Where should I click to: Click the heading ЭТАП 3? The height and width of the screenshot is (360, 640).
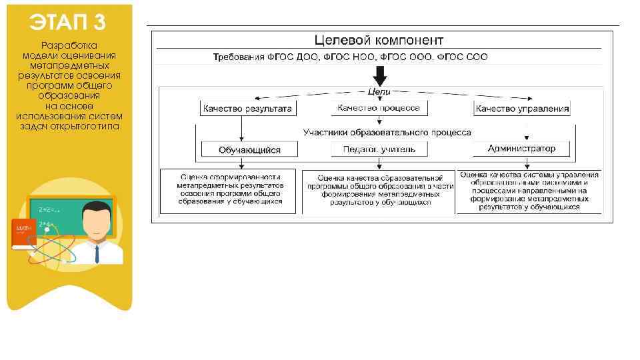pos(67,22)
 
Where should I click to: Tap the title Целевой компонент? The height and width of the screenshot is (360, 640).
pos(379,40)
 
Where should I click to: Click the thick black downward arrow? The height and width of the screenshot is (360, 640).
pos(379,74)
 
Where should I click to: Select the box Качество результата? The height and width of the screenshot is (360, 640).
pos(247,108)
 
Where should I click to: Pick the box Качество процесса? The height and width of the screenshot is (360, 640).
pos(379,107)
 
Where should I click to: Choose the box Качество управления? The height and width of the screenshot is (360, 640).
pos(522,108)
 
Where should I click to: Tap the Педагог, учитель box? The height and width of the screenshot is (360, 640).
pos(379,149)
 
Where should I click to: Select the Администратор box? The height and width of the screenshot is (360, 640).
pos(521,149)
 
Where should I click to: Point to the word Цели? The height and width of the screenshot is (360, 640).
pos(379,91)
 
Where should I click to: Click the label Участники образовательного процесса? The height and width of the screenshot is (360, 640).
pos(387,133)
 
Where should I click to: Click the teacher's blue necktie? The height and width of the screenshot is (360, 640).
pos(97,254)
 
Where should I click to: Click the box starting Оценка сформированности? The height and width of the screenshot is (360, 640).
pos(230,189)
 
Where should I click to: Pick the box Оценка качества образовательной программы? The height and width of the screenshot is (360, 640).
pos(379,190)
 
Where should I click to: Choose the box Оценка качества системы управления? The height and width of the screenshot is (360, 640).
pos(529,191)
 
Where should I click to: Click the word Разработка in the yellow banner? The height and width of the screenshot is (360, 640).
pos(69,45)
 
